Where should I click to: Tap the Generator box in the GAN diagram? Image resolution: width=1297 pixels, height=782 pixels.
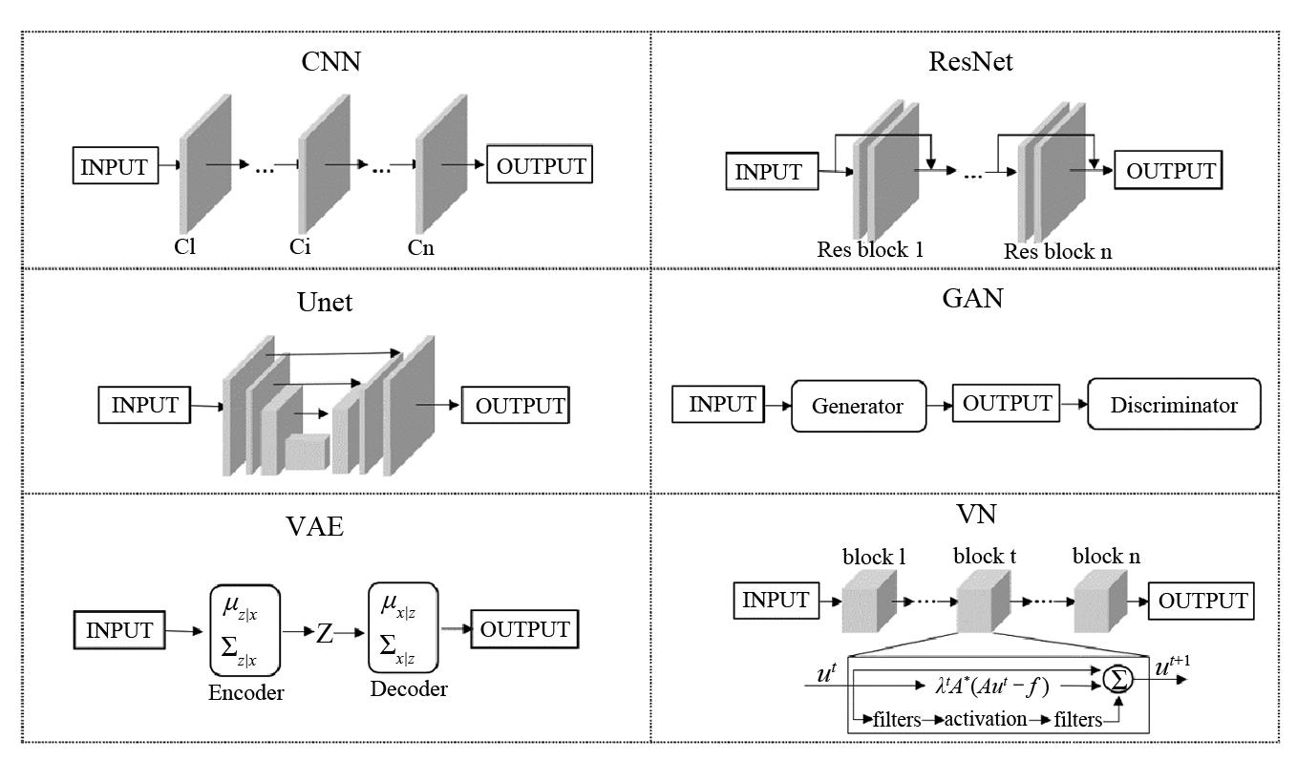coord(859,406)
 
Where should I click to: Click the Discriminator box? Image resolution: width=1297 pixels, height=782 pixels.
coord(1174,405)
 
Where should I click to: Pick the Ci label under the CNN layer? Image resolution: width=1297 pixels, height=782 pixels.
coord(301,248)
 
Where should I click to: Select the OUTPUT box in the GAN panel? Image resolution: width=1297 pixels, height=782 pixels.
coord(1007,404)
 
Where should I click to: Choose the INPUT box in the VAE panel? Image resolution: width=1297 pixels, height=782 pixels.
coord(118,631)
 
